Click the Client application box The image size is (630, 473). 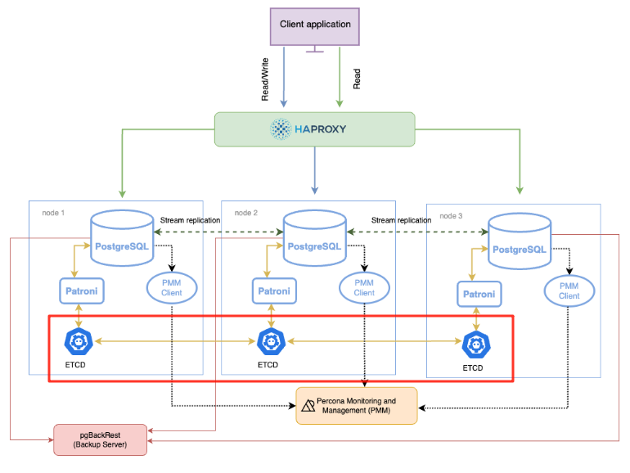[x=315, y=25]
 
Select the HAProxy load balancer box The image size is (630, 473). [x=315, y=129]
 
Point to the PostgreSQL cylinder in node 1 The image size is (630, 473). [x=122, y=238]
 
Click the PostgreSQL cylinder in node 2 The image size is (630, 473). [x=315, y=238]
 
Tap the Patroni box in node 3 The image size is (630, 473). [x=479, y=294]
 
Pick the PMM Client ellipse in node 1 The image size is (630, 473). [x=172, y=287]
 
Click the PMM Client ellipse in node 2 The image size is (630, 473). [x=364, y=287]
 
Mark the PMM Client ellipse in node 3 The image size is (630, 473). [x=569, y=291]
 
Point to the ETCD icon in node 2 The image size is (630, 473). [x=269, y=340]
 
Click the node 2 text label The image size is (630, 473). [x=246, y=212]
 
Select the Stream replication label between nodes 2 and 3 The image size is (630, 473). [x=401, y=220]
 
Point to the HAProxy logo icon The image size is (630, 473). [x=281, y=129]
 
